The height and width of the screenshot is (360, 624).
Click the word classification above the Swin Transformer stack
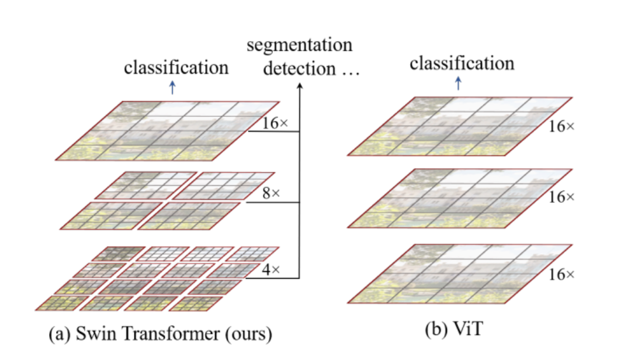176,67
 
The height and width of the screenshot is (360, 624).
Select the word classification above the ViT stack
462,63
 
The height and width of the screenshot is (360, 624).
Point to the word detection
296,68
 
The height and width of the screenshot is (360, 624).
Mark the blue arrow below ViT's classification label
459,84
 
